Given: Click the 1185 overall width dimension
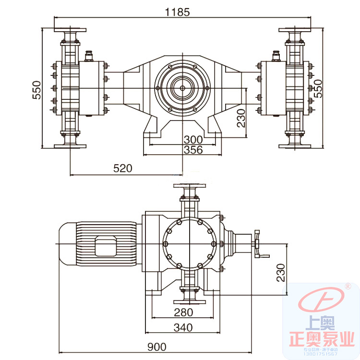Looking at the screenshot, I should pyautogui.click(x=178, y=12).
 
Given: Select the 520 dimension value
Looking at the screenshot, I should pyautogui.click(x=122, y=168).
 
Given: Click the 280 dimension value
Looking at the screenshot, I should pyautogui.click(x=183, y=312).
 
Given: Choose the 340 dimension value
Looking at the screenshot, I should pyautogui.click(x=183, y=327).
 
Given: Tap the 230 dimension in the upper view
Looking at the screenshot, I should pyautogui.click(x=241, y=118).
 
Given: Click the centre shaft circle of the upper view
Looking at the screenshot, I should pyautogui.click(x=182, y=88).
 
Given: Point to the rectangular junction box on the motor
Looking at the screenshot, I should pyautogui.click(x=106, y=246).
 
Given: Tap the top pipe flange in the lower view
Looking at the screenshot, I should pyautogui.click(x=189, y=185).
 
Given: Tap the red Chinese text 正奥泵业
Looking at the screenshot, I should pyautogui.click(x=325, y=340).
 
